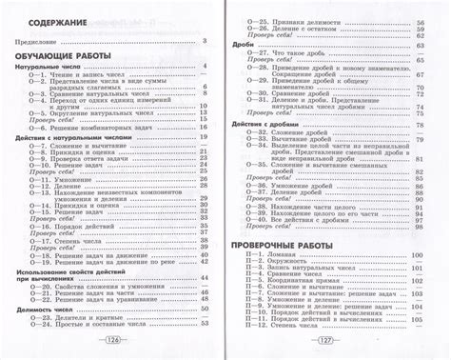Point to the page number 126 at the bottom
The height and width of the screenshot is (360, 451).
(x=112, y=341)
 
